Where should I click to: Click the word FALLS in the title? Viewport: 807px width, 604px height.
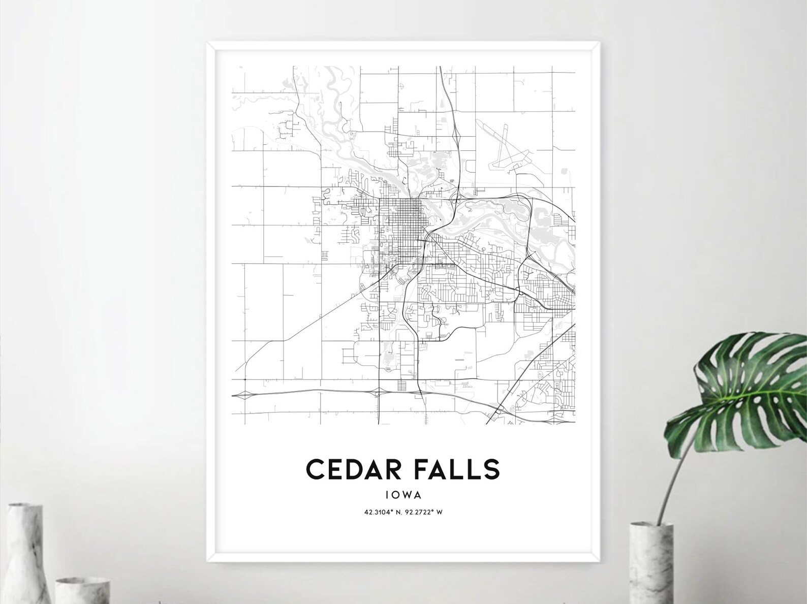[x=457, y=469]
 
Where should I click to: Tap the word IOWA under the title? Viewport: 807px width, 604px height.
[x=403, y=493]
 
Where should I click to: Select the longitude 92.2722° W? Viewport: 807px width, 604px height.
[x=424, y=512]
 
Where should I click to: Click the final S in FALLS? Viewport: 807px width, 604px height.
[x=492, y=469]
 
